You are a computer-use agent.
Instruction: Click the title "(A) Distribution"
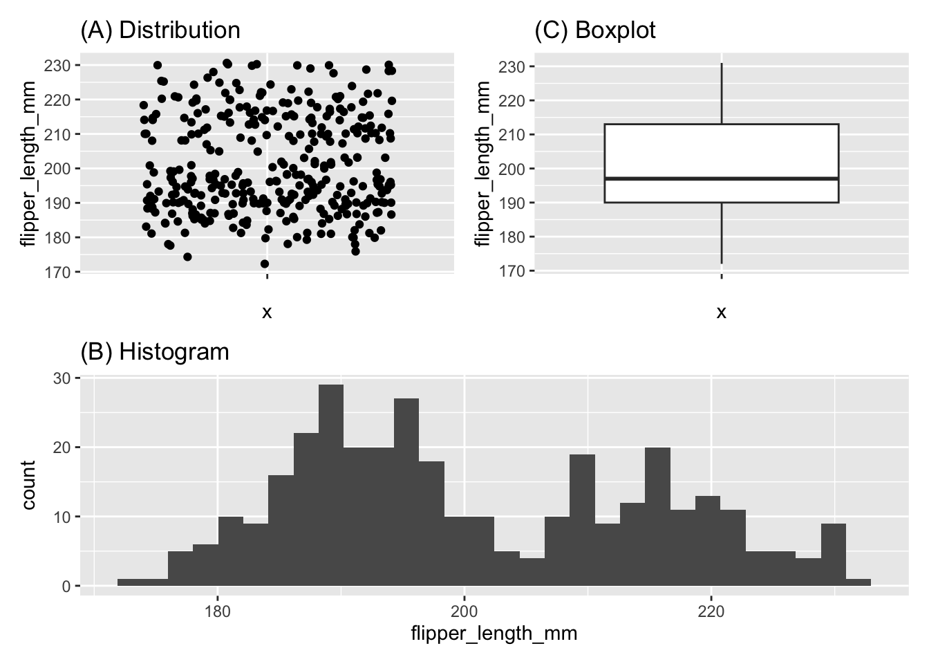pyautogui.click(x=160, y=30)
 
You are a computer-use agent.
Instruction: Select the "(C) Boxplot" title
pyautogui.click(x=595, y=30)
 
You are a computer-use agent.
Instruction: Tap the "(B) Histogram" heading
pyautogui.click(x=155, y=352)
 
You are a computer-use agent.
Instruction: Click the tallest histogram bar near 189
pyautogui.click(x=331, y=484)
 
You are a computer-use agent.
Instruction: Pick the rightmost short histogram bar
pyautogui.click(x=858, y=582)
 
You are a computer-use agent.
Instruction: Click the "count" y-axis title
pyautogui.click(x=28, y=485)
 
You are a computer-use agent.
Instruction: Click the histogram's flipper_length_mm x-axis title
pyautogui.click(x=494, y=634)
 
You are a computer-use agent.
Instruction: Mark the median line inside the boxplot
pyautogui.click(x=722, y=178)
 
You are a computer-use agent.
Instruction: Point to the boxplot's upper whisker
pyautogui.click(x=722, y=93)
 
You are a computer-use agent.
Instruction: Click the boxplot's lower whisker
pyautogui.click(x=722, y=232)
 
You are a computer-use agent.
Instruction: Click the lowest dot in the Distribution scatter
pyautogui.click(x=265, y=264)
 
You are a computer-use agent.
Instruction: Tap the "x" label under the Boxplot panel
pyautogui.click(x=722, y=313)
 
